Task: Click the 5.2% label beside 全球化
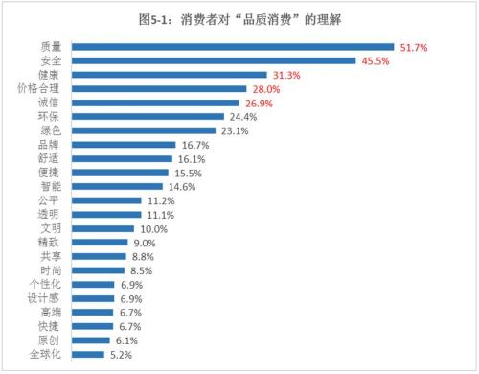[121, 355]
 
